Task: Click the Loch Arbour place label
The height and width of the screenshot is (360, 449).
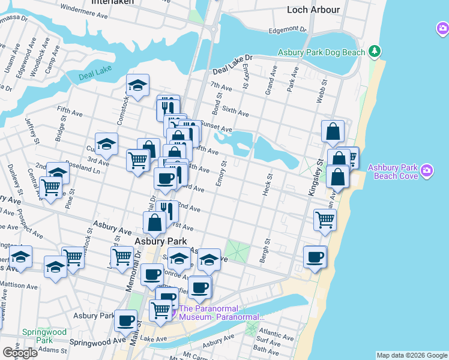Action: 313,10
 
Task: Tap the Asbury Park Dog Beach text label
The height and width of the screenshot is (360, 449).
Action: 321,52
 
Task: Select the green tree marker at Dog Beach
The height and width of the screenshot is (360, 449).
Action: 375,51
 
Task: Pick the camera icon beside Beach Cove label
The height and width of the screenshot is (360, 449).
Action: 427,171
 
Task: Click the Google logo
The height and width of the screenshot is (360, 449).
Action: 19,353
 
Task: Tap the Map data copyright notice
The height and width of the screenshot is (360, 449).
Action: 411,355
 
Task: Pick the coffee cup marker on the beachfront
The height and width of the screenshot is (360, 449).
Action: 315,257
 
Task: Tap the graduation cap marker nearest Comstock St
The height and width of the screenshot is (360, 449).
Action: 138,86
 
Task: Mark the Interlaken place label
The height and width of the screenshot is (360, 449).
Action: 112,2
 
